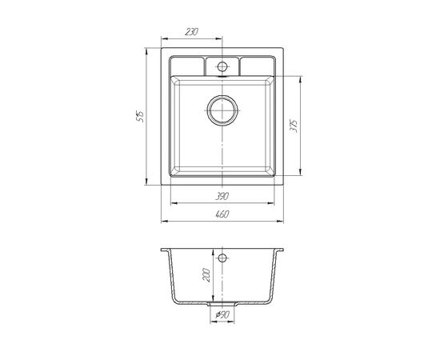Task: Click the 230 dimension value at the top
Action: (192, 32)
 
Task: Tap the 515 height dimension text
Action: (140, 116)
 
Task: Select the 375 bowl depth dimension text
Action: (294, 126)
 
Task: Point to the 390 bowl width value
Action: (222, 196)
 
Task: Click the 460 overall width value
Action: (222, 214)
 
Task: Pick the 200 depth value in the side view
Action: (206, 275)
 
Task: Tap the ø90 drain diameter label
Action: (223, 315)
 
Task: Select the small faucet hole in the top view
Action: (222, 66)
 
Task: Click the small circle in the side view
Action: (222, 258)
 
